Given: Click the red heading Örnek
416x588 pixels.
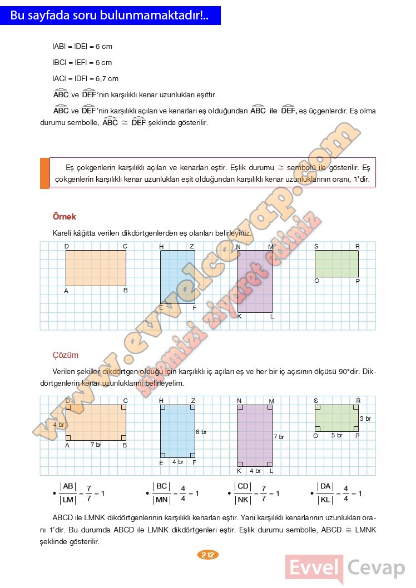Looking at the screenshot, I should click(64, 217).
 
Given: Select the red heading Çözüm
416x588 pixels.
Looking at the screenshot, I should click(65, 355).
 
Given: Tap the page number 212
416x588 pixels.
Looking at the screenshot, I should click(208, 555).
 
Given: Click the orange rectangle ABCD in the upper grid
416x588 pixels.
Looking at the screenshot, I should click(96, 268).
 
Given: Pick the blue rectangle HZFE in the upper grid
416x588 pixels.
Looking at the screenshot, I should click(177, 277).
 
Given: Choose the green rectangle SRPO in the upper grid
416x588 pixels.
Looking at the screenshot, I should click(336, 263).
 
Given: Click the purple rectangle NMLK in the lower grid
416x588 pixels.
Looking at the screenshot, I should click(255, 435).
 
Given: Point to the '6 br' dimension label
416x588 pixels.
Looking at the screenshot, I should click(201, 432).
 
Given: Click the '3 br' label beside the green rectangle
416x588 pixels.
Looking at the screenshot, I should click(365, 418).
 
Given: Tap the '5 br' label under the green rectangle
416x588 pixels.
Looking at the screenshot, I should click(337, 435).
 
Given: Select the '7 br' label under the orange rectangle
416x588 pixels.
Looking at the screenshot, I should click(96, 445).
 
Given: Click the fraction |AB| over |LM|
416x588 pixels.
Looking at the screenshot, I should click(68, 493).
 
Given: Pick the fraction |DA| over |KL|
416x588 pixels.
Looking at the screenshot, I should click(325, 493).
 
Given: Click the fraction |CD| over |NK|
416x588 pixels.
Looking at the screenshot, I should click(242, 493).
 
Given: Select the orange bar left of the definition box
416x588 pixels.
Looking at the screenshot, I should click(44, 173).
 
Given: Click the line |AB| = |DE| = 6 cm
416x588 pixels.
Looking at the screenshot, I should click(82, 47).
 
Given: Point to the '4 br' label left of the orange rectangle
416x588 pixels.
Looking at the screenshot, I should click(58, 425).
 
